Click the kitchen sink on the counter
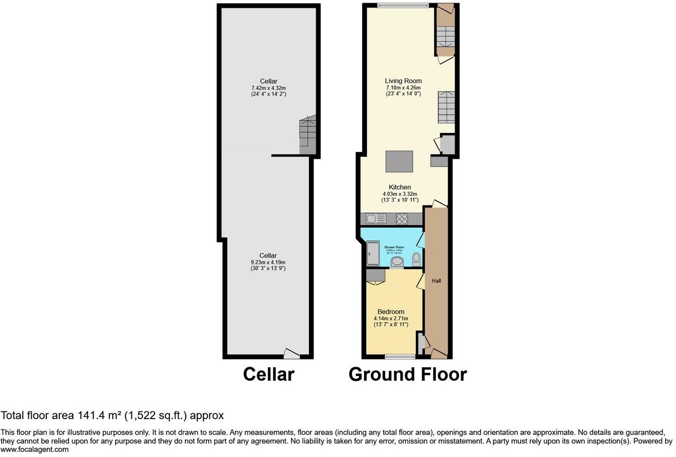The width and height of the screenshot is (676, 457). (x=374, y=219)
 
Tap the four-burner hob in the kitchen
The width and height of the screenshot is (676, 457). (x=402, y=219)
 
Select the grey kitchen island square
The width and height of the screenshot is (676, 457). (x=399, y=161)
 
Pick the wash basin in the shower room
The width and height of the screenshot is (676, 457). (x=397, y=262)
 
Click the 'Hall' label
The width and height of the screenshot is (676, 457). (x=436, y=281)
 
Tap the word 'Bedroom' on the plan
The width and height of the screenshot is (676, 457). (x=390, y=312)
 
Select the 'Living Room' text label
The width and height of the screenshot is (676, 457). (x=403, y=81)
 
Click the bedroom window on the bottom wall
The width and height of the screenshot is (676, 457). (x=400, y=356)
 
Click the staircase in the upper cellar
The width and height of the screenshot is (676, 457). (x=308, y=135)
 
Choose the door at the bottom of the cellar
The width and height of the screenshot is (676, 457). (x=292, y=354)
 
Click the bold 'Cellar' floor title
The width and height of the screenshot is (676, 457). (x=268, y=374)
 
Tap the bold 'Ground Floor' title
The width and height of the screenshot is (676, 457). (x=407, y=374)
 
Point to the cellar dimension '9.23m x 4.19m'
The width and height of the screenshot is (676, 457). (x=268, y=262)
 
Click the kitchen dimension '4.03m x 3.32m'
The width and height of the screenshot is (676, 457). (x=399, y=194)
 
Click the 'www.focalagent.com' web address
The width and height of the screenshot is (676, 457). (x=34, y=450)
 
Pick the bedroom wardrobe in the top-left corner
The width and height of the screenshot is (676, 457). (x=375, y=275)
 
